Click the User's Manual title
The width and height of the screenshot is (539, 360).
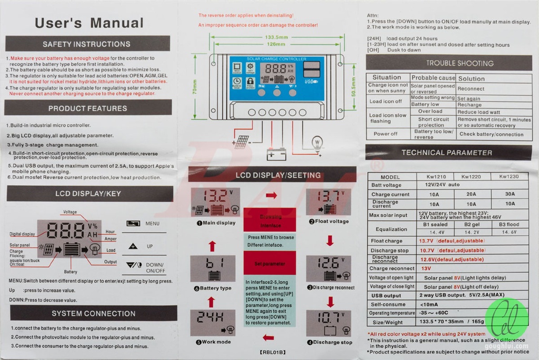coord(89,23)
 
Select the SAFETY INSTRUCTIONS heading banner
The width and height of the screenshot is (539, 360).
coord(87,44)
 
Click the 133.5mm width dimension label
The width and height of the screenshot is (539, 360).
coord(276,37)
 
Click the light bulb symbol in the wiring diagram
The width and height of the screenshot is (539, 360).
coord(317,143)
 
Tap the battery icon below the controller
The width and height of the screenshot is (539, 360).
coord(276,154)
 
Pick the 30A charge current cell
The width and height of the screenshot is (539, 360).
coord(510,194)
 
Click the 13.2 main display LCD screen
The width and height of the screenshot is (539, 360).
coord(215,202)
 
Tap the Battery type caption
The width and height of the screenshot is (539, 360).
coord(213,288)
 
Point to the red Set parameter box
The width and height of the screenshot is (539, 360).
coord(269,263)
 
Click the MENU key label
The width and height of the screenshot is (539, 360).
coord(152,224)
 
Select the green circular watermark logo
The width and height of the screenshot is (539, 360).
coord(506,318)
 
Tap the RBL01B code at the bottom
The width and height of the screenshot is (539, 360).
coord(272,352)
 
